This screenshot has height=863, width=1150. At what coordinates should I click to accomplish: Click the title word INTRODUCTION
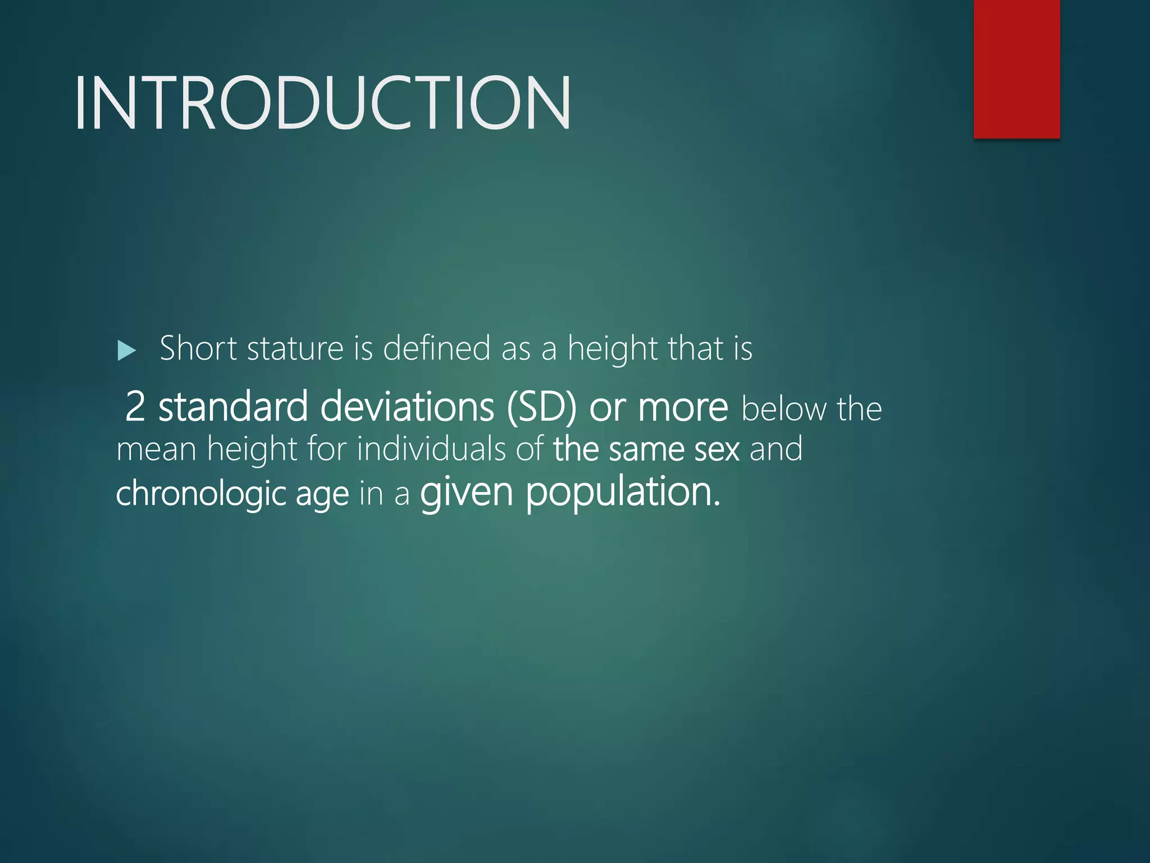click(x=322, y=103)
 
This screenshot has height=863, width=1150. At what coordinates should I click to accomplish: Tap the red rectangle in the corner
click(x=1016, y=69)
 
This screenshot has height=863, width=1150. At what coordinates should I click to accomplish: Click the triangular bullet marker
click(x=127, y=351)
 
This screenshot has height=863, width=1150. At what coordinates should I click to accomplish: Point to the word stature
click(x=295, y=348)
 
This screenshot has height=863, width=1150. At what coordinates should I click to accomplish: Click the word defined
click(x=437, y=348)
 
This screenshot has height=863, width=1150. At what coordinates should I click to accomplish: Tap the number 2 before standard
click(x=135, y=406)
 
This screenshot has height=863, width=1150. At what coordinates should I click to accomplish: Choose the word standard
click(x=233, y=406)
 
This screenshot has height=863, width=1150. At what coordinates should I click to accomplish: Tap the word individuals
click(x=431, y=449)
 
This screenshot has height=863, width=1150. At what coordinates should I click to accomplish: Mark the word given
click(x=467, y=492)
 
